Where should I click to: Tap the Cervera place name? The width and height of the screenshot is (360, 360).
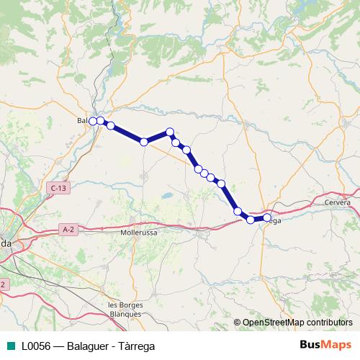click(337, 202)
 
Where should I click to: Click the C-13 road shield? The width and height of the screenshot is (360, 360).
click(59, 188)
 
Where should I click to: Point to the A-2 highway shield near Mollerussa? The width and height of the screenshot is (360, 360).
click(68, 230)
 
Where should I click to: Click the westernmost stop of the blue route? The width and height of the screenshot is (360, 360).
click(93, 121)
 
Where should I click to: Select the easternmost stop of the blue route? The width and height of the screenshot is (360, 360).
click(267, 217)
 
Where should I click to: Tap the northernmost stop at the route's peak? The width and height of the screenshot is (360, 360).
click(170, 132)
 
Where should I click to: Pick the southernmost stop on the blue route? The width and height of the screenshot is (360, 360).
click(251, 220)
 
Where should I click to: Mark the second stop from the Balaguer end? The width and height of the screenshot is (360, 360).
click(101, 120)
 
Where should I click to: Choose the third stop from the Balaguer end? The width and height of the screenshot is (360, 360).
click(111, 126)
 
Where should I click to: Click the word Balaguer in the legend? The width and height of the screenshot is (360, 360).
click(91, 346)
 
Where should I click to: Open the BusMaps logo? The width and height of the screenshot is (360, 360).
click(325, 346)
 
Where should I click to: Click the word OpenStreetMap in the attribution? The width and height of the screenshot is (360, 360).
click(271, 323)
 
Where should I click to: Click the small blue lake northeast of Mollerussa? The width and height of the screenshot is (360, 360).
click(166, 194)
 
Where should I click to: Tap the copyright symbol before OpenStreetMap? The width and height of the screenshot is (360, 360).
click(238, 323)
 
